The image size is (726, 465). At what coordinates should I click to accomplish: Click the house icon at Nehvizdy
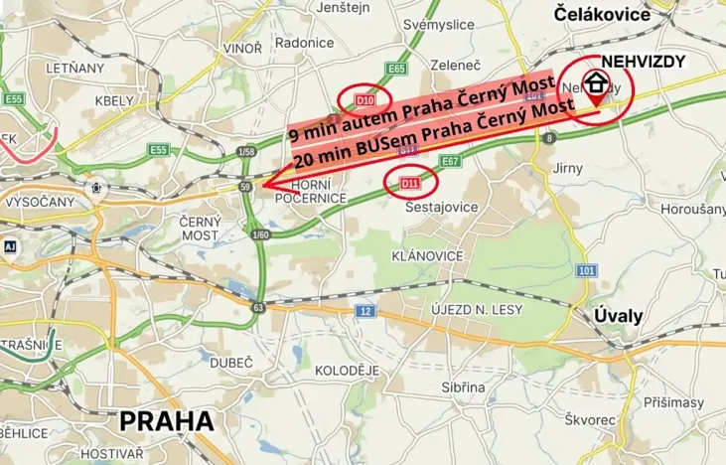pyautogui.click(x=596, y=81)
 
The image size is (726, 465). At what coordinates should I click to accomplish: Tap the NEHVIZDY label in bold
pyautogui.click(x=644, y=61)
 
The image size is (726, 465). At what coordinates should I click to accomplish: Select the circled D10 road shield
pyautogui.click(x=364, y=100)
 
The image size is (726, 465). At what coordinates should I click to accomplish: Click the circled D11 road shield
pyautogui.click(x=410, y=184)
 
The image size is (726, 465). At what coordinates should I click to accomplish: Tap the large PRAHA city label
pyautogui.click(x=167, y=420)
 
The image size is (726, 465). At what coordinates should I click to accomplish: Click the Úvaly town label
pyautogui.click(x=619, y=316)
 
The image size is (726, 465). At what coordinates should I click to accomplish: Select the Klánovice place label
pyautogui.click(x=428, y=256)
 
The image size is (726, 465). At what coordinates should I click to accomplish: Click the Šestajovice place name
pyautogui.click(x=442, y=207)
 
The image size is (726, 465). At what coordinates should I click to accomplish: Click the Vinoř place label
pyautogui.click(x=243, y=48)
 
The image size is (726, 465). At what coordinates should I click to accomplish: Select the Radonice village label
pyautogui.click(x=304, y=43)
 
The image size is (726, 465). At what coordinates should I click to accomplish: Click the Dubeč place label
pyautogui.click(x=232, y=364)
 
